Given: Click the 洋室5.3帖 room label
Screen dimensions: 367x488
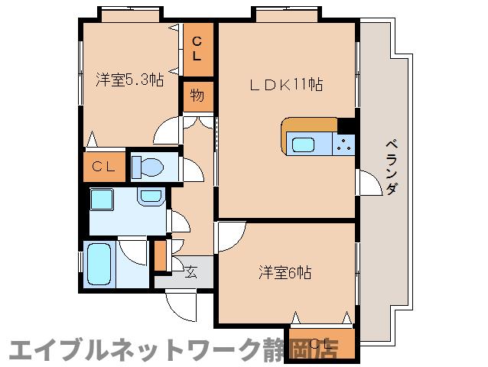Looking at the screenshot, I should (x=129, y=80).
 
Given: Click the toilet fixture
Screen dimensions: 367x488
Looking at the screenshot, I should (x=148, y=167).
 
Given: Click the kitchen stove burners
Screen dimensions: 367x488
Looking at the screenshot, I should (x=344, y=143).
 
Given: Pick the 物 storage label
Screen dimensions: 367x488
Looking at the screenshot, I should (x=197, y=96).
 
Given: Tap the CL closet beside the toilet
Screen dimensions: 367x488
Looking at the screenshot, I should (x=102, y=167).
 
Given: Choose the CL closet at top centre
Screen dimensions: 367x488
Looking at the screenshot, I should (x=197, y=49).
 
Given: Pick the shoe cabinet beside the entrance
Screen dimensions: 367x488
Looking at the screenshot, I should (x=161, y=256).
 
